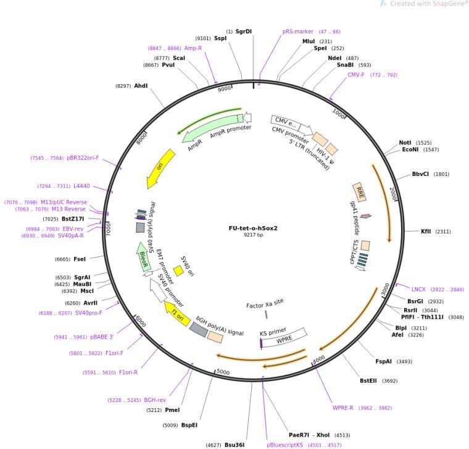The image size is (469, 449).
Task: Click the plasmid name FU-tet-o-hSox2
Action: pos(253,227)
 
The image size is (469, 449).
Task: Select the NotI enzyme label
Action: pos(405,142)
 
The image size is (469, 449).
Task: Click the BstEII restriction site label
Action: pos(370,380)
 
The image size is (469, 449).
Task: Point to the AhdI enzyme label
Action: pos(141,86)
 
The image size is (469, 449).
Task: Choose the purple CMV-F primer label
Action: pos(356,75)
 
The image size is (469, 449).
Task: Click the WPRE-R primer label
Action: pos(342,408)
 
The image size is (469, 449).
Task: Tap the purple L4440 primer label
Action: pos(81,186)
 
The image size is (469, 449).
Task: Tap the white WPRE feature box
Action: pos(284,339)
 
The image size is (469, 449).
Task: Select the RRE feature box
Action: pos(359,193)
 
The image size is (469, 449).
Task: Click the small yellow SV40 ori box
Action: pos(178,271)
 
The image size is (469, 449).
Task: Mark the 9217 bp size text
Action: pos(253,235)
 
